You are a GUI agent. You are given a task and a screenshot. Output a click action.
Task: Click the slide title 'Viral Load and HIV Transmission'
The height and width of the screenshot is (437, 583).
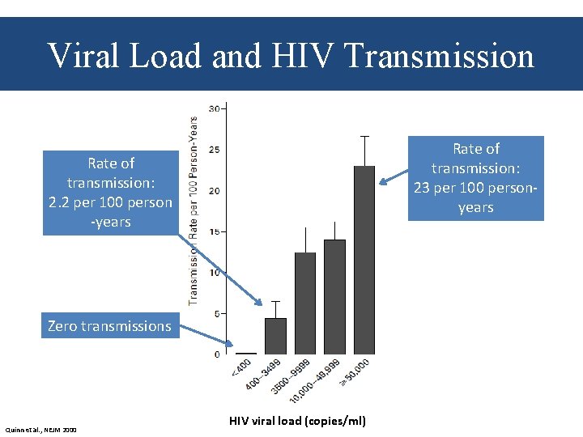tap(291, 56)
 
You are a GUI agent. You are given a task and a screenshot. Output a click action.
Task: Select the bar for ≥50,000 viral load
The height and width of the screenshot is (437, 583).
tap(364, 259)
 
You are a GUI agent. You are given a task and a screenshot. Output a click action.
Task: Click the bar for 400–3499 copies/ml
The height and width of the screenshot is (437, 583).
tap(275, 335)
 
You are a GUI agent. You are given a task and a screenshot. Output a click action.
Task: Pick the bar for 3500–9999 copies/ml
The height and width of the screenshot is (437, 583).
tap(305, 303)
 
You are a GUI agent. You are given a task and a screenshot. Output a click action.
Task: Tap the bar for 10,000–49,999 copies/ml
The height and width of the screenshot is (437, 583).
tap(334, 296)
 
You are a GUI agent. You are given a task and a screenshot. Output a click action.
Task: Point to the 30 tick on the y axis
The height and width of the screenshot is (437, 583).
tap(215, 108)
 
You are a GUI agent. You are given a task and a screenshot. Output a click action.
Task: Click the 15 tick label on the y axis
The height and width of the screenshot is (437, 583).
tap(215, 231)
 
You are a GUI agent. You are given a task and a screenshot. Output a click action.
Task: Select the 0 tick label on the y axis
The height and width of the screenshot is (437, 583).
tap(217, 354)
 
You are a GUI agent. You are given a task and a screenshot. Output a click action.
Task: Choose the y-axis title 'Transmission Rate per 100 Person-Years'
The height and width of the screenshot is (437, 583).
tap(194, 210)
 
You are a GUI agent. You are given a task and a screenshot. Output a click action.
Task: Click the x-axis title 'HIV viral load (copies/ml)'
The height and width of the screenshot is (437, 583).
tap(297, 421)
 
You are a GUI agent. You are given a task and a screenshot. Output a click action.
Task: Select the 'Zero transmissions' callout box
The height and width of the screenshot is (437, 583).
tap(110, 326)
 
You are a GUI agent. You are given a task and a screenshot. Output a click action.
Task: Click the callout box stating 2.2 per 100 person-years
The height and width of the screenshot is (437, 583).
tap(110, 193)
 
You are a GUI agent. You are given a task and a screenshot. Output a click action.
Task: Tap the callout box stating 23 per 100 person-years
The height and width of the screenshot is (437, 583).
tap(475, 178)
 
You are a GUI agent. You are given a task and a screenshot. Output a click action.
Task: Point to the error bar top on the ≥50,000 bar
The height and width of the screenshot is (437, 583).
tap(364, 136)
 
